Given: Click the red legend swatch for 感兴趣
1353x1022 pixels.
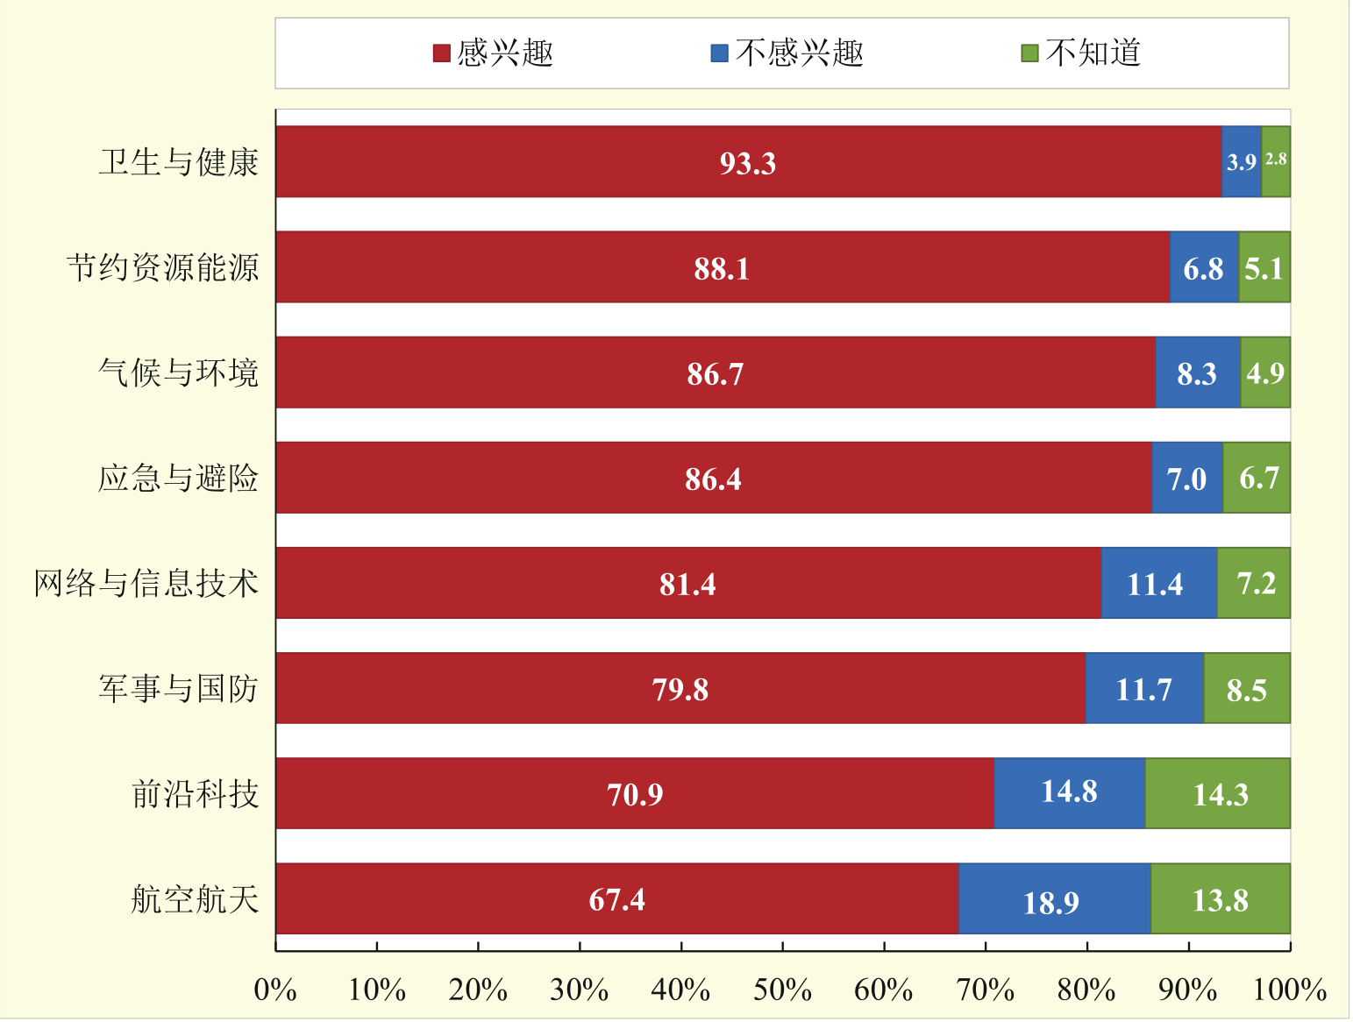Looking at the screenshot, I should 442,54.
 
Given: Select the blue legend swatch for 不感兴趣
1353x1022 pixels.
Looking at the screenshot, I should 719,54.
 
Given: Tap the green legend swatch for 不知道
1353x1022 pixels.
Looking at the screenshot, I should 1029,54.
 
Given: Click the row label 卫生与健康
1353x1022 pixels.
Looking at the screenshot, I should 179,162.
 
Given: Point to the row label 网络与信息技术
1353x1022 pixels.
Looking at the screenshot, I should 146,583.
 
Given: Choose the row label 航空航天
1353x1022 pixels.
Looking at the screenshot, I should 195,899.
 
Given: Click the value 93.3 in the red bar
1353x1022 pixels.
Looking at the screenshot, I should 747,163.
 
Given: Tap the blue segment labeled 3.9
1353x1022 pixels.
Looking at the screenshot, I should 1241,162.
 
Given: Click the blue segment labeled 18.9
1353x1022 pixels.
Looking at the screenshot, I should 1052,901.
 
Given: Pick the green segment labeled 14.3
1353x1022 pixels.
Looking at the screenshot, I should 1219,794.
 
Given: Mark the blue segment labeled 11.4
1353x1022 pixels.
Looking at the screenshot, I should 1156,584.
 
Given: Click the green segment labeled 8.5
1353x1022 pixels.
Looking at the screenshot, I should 1246,690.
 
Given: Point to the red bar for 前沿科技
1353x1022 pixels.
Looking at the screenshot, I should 635,794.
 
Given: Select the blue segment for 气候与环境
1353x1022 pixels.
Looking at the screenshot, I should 1197,373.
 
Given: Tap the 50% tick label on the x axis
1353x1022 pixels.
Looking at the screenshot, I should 782,990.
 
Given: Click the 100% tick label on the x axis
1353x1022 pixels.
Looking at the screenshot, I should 1289,990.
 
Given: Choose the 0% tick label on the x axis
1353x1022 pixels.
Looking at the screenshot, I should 275,990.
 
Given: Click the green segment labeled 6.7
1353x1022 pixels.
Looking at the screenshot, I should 1257,479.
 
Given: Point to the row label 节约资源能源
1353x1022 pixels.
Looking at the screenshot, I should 163,267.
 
